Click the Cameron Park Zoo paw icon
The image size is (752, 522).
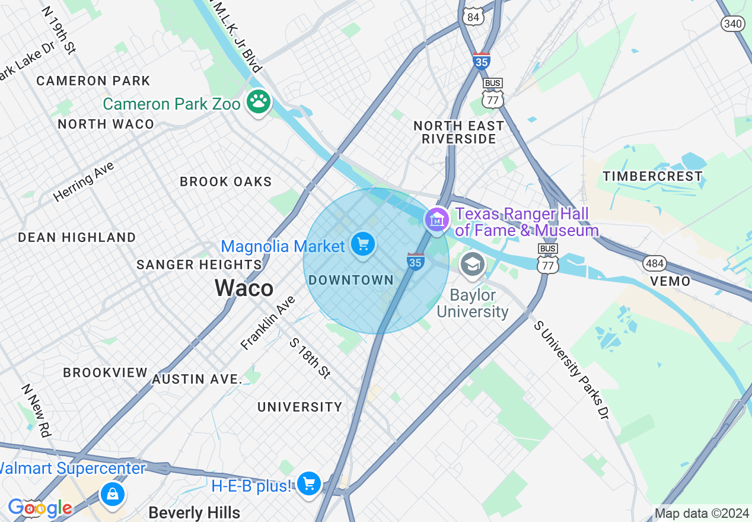pyautogui.click(x=259, y=102)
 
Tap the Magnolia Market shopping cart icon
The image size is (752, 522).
pyautogui.click(x=362, y=244)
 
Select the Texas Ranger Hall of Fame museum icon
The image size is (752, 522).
pyautogui.click(x=437, y=220)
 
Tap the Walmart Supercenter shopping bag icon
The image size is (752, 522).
pyautogui.click(x=112, y=493)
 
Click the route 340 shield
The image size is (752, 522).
pyautogui.click(x=733, y=23)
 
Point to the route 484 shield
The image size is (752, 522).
pyautogui.click(x=654, y=263)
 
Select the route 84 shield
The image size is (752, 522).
pyautogui.click(x=473, y=17)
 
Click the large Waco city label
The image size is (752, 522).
pyautogui.click(x=244, y=288)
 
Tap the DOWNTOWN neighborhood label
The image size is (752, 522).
pyautogui.click(x=351, y=280)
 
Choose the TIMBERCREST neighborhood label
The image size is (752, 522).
pyautogui.click(x=652, y=176)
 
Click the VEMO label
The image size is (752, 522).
pyautogui.click(x=670, y=281)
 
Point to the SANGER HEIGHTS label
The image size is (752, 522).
pyautogui.click(x=199, y=265)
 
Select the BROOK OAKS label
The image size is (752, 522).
pyautogui.click(x=225, y=182)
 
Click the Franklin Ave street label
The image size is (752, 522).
pyautogui.click(x=268, y=323)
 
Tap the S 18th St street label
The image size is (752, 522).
pyautogui.click(x=310, y=358)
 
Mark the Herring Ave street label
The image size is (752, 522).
pyautogui.click(x=84, y=181)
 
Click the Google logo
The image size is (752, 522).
pyautogui.click(x=40, y=508)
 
